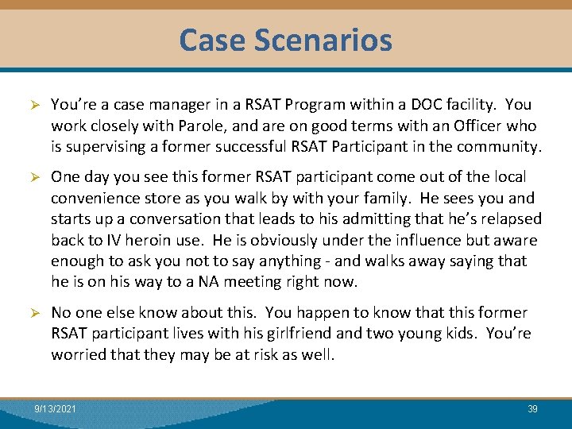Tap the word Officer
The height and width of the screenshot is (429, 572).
click(x=469, y=126)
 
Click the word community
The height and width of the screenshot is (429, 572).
click(x=499, y=147)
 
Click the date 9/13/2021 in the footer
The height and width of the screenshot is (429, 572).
click(x=56, y=408)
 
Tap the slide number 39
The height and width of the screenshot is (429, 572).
click(x=532, y=408)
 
